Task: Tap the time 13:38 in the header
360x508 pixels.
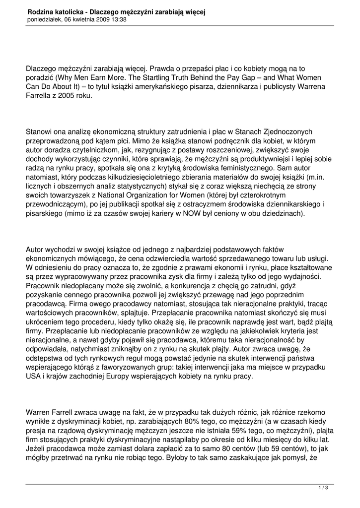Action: (118, 19)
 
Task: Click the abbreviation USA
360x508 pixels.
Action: (34, 377)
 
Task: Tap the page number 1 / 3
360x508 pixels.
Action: (322, 488)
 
